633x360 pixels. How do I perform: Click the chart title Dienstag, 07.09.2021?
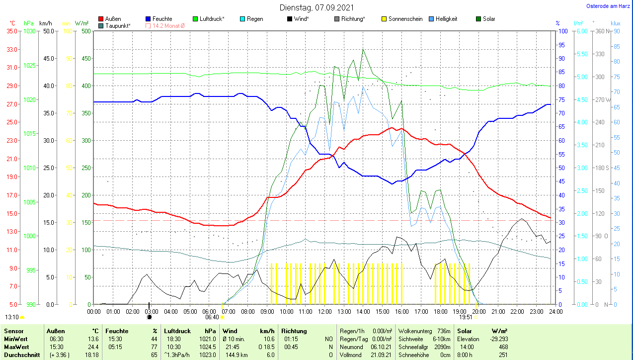(316, 7)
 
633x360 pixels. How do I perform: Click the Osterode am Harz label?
(608, 6)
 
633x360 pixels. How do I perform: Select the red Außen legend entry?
(110, 19)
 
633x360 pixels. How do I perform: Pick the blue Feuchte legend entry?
(159, 19)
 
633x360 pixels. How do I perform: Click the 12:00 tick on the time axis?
(324, 312)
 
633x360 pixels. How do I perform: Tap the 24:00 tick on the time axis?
(555, 312)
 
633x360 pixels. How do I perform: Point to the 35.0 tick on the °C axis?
(11, 31)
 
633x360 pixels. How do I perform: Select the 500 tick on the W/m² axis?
(86, 31)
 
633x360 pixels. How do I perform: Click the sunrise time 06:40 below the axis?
(212, 317)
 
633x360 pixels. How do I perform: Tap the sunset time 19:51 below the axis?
(466, 317)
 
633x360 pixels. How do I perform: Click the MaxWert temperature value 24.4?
(92, 347)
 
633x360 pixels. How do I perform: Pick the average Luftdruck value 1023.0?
(209, 355)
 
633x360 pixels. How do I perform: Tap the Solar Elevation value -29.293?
(497, 339)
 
